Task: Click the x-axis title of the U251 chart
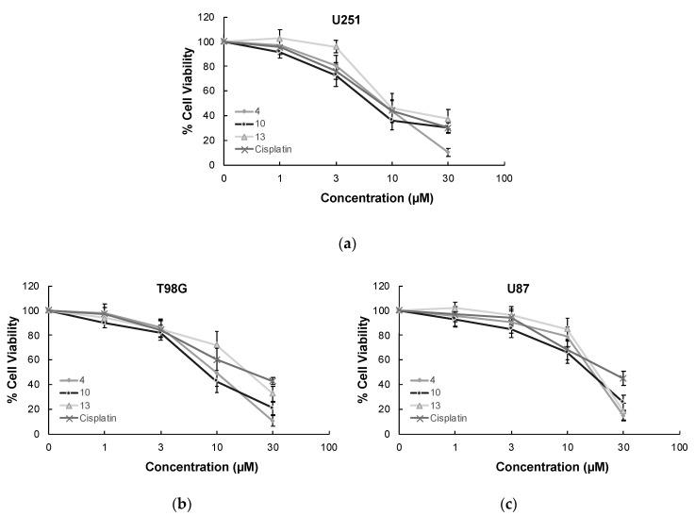(x=363, y=197)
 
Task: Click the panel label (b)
(x=176, y=503)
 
